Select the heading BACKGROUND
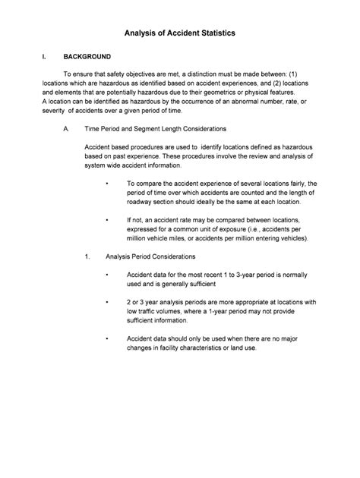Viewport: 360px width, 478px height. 87,57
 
